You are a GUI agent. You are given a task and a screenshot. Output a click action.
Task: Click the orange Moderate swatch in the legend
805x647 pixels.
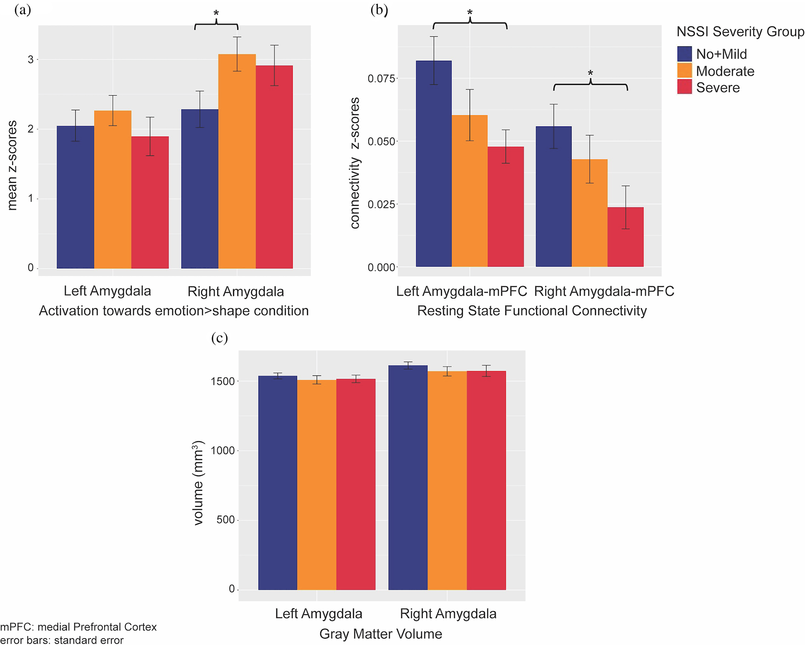pyautogui.click(x=685, y=71)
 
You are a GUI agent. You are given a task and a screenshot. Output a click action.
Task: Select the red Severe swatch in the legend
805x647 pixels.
pyautogui.click(x=685, y=87)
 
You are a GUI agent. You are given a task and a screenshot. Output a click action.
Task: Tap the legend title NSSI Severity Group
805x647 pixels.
pyautogui.click(x=740, y=32)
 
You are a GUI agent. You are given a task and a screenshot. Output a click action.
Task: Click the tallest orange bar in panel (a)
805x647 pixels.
pyautogui.click(x=237, y=162)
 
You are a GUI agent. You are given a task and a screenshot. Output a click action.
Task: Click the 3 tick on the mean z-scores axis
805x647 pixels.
pyautogui.click(x=31, y=60)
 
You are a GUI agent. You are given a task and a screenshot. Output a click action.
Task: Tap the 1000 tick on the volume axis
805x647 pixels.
pyautogui.click(x=223, y=451)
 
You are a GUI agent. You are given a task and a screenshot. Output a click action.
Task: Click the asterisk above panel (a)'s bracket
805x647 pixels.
pyautogui.click(x=216, y=13)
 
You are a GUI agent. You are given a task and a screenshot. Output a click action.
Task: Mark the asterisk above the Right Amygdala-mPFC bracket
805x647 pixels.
pyautogui.click(x=590, y=73)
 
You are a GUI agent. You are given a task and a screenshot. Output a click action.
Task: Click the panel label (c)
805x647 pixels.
pyautogui.click(x=219, y=339)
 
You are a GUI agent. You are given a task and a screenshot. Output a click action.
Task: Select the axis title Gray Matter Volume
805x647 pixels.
pyautogui.click(x=380, y=634)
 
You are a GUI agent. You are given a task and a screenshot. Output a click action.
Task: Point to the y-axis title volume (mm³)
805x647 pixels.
pyautogui.click(x=198, y=483)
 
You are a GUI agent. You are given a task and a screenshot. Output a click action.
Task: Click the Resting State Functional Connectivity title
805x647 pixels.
pyautogui.click(x=532, y=311)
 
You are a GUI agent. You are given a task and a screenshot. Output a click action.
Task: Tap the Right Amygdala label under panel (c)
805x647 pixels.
pyautogui.click(x=448, y=614)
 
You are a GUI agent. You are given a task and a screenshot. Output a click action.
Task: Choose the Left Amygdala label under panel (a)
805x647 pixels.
pyautogui.click(x=107, y=291)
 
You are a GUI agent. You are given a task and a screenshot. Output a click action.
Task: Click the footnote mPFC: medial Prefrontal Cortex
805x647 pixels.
pyautogui.click(x=78, y=627)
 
